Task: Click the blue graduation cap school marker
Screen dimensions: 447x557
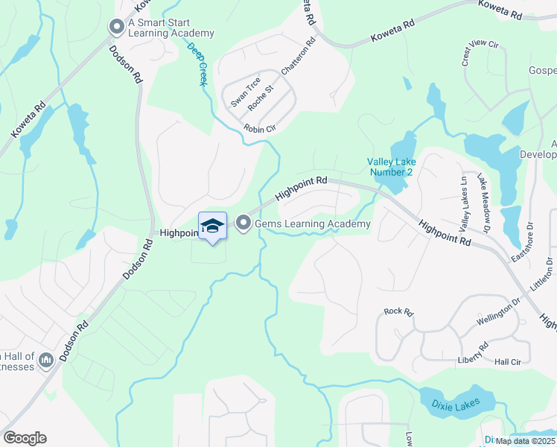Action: click(x=212, y=226)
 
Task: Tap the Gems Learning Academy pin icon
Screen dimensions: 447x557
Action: click(x=243, y=223)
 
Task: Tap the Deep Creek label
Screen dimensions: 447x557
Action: click(x=197, y=63)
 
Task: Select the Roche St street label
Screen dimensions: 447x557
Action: click(x=261, y=98)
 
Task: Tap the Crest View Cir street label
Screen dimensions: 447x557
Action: click(x=480, y=53)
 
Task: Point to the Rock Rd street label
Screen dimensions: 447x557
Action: click(x=398, y=312)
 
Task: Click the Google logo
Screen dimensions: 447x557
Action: click(x=25, y=438)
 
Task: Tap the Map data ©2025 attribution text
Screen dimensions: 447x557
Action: click(x=524, y=441)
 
